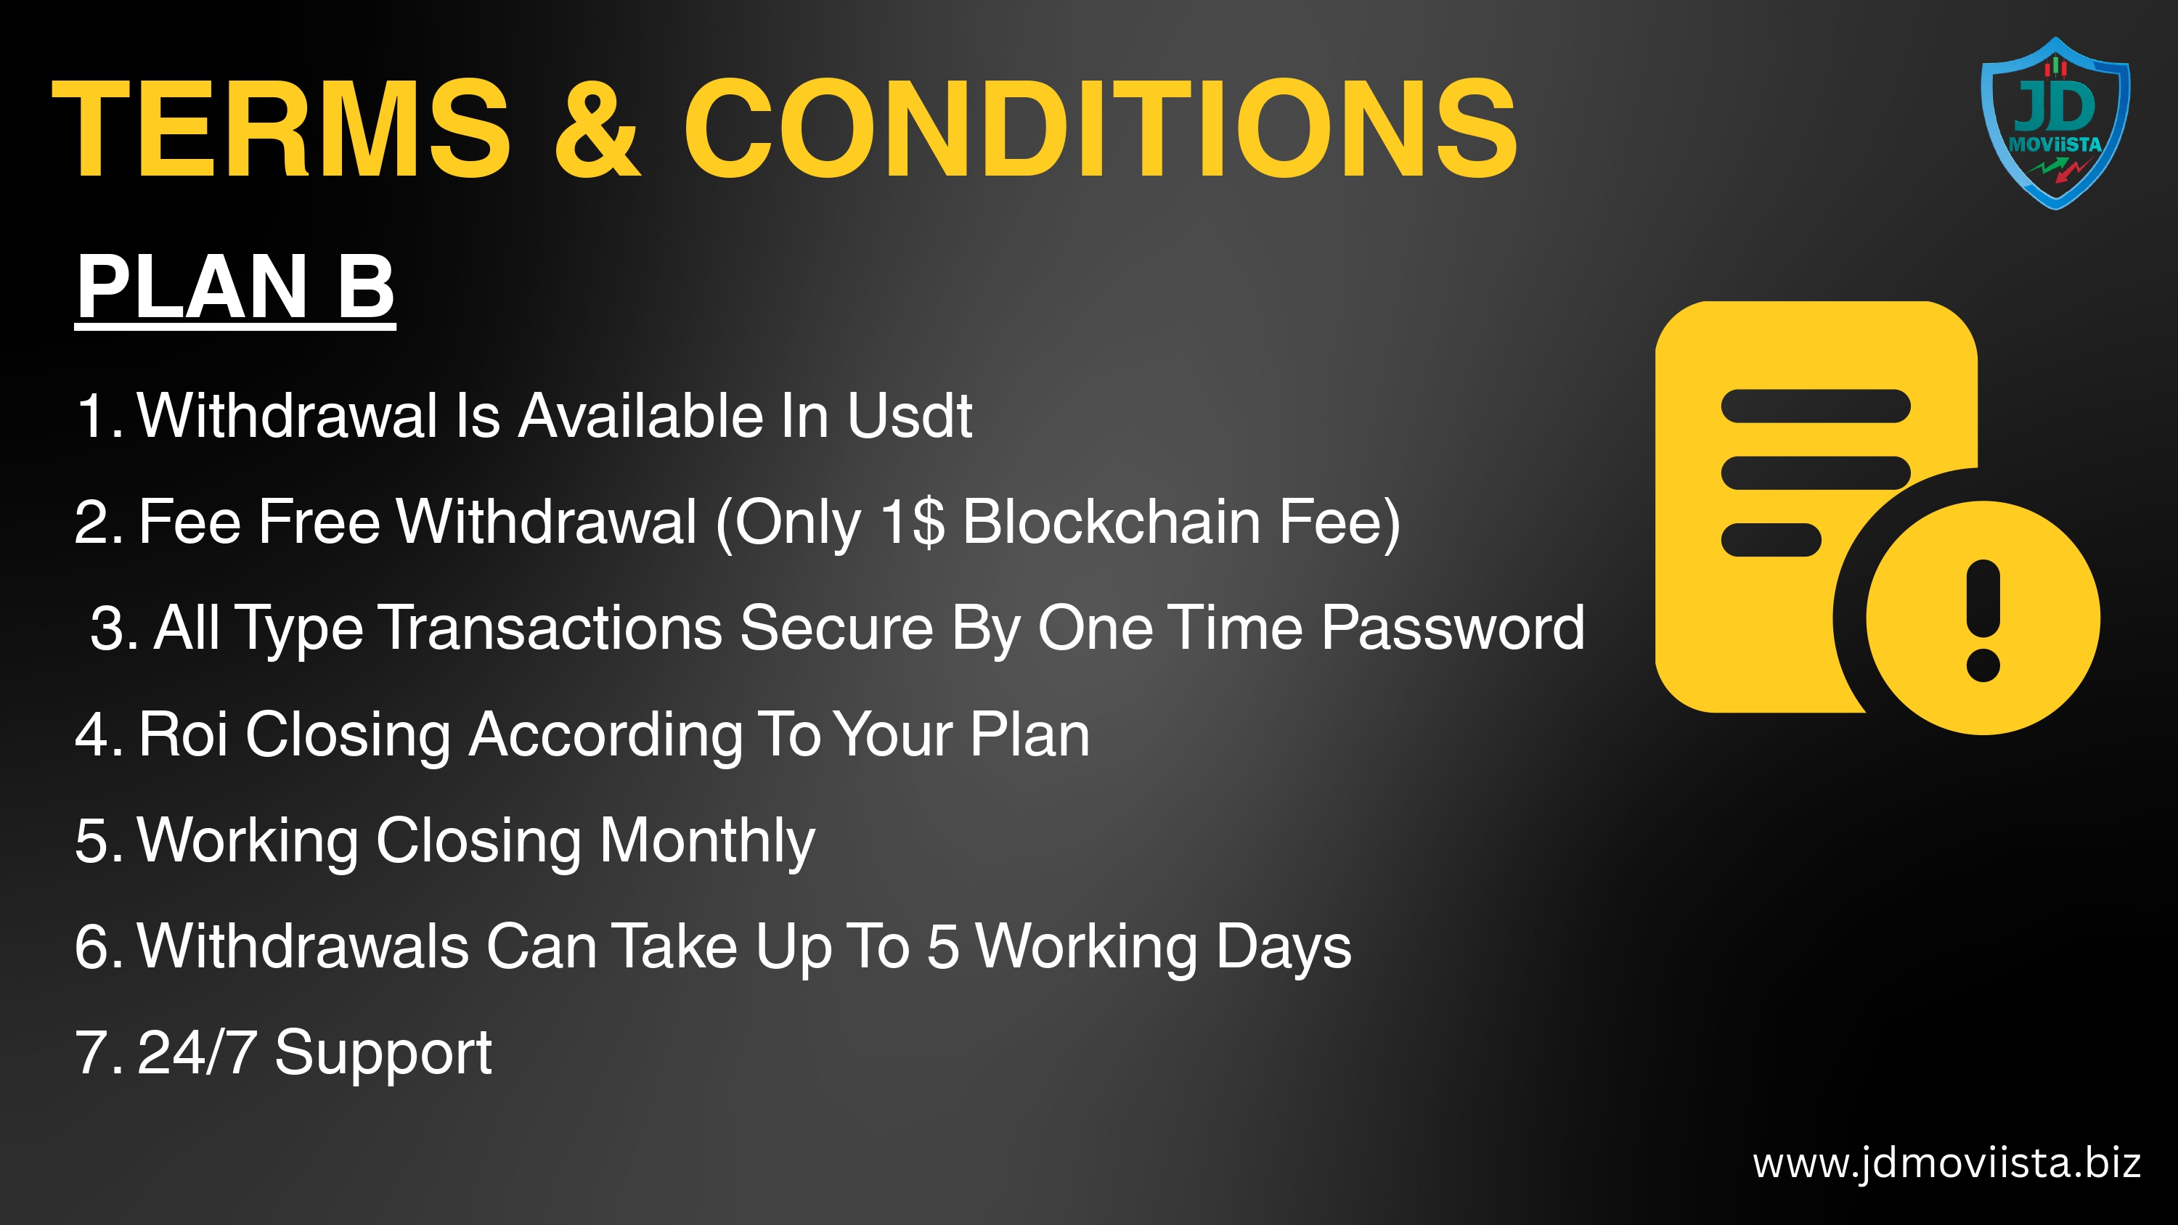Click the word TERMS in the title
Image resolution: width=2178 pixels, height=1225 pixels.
(282, 128)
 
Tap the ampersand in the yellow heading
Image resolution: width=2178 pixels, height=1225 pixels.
(597, 128)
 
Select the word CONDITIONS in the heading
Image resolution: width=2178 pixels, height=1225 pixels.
(1100, 128)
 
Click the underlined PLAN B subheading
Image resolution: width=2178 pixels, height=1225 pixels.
(236, 287)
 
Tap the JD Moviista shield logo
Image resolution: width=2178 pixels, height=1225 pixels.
(2055, 123)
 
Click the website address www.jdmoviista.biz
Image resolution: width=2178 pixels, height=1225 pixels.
(1947, 1163)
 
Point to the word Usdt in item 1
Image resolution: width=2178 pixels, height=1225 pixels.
(910, 416)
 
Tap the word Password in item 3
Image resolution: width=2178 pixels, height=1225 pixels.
(1453, 628)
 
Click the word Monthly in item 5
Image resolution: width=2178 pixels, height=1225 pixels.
(707, 842)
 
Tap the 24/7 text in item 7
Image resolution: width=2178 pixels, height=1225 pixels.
(197, 1052)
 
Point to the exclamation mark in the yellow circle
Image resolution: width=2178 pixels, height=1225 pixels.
(1983, 620)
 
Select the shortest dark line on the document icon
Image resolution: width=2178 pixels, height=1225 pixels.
(1771, 540)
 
